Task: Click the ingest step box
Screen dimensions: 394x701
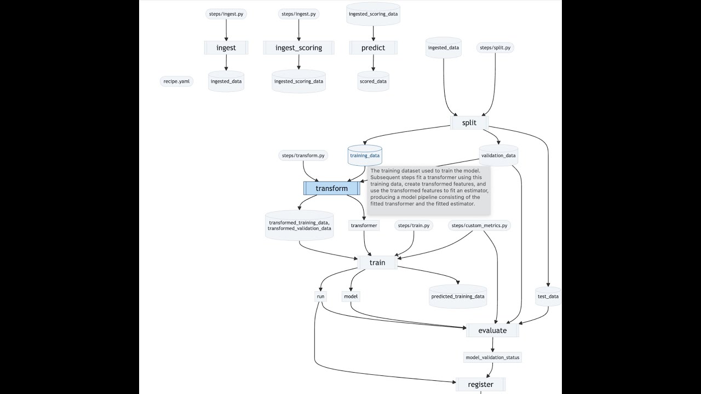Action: point(226,48)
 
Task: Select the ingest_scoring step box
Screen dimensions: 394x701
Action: point(298,48)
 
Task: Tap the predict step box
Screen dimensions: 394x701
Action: point(373,48)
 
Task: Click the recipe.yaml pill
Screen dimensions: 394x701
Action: point(176,82)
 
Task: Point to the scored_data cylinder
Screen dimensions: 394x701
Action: point(373,82)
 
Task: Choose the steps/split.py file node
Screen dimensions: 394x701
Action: point(496,48)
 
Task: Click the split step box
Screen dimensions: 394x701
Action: point(469,123)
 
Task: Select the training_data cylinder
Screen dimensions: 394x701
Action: point(365,155)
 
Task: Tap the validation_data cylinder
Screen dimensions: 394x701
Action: point(498,155)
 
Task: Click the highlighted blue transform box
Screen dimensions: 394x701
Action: point(331,188)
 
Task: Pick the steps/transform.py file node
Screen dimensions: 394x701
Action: point(303,155)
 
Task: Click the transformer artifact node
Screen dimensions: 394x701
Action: point(364,225)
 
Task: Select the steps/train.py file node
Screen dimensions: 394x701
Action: point(414,225)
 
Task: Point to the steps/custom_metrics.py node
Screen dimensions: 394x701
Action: point(479,225)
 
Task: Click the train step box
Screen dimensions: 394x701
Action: point(377,263)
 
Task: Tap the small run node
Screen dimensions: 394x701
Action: point(320,297)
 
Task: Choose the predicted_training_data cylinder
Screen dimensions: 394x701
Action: point(458,297)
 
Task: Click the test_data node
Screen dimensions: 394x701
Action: point(548,297)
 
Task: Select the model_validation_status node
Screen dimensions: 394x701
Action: point(492,357)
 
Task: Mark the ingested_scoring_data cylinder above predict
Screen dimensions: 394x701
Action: point(373,14)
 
